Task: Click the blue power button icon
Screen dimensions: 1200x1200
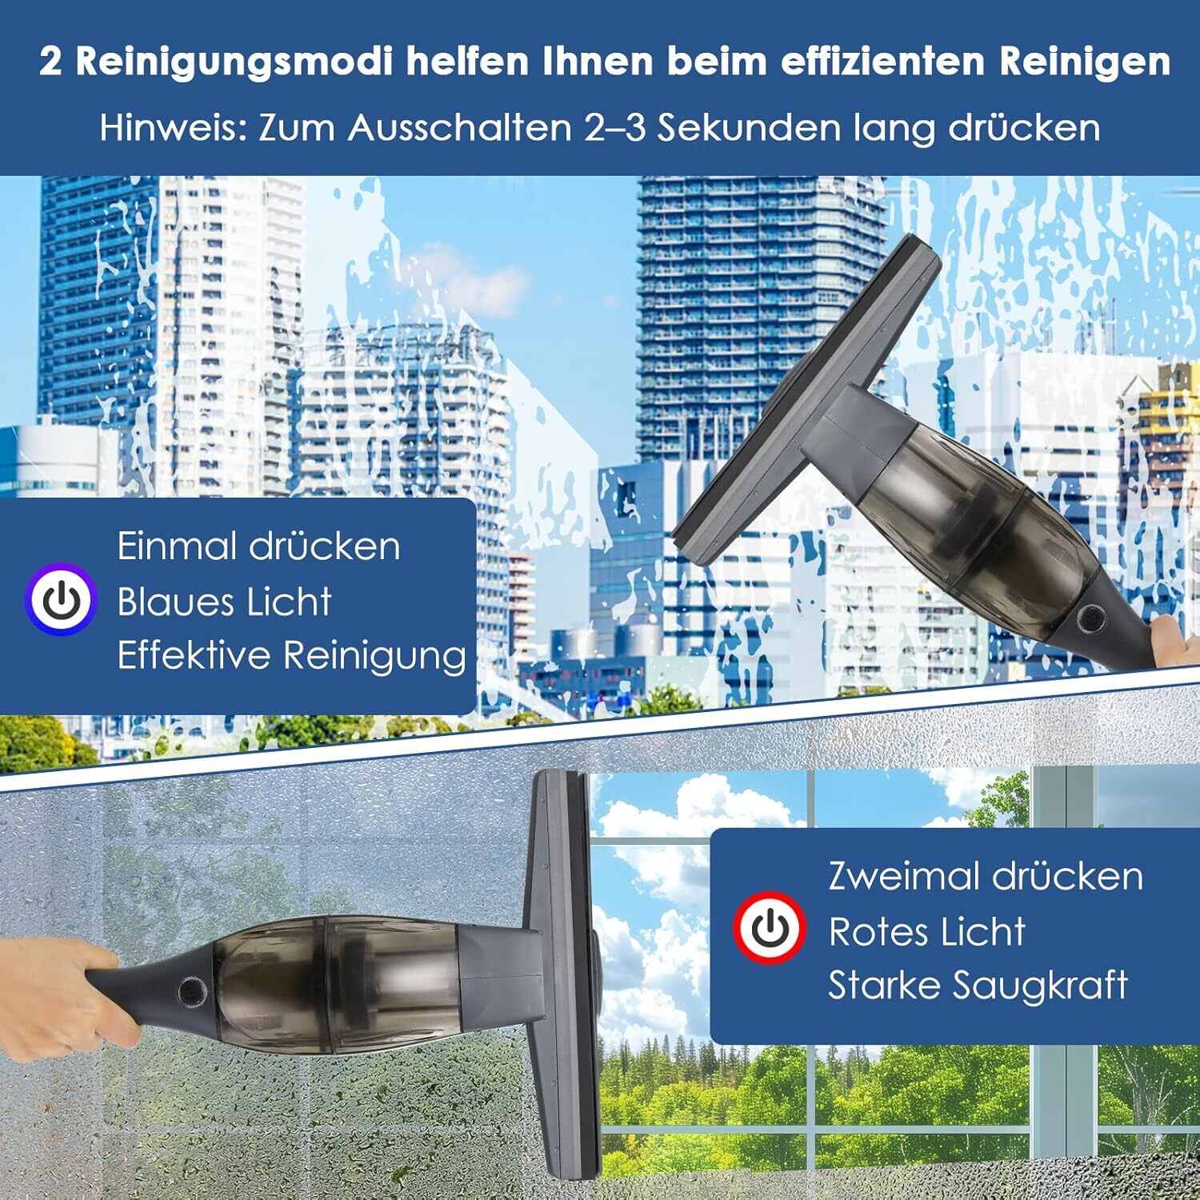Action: pyautogui.click(x=61, y=600)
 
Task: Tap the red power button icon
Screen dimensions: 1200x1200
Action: pyautogui.click(x=769, y=929)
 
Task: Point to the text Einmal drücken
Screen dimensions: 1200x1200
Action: pyautogui.click(x=258, y=546)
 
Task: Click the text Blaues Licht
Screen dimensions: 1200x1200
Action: pyautogui.click(x=224, y=602)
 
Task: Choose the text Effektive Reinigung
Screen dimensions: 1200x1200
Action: pyautogui.click(x=291, y=656)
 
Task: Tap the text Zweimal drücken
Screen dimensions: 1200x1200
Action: pyautogui.click(x=985, y=876)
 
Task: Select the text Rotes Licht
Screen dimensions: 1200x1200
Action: pyautogui.click(x=926, y=931)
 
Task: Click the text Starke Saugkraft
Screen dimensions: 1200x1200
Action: pyautogui.click(x=978, y=986)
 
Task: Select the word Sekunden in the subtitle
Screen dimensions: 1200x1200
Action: pyautogui.click(x=749, y=128)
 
